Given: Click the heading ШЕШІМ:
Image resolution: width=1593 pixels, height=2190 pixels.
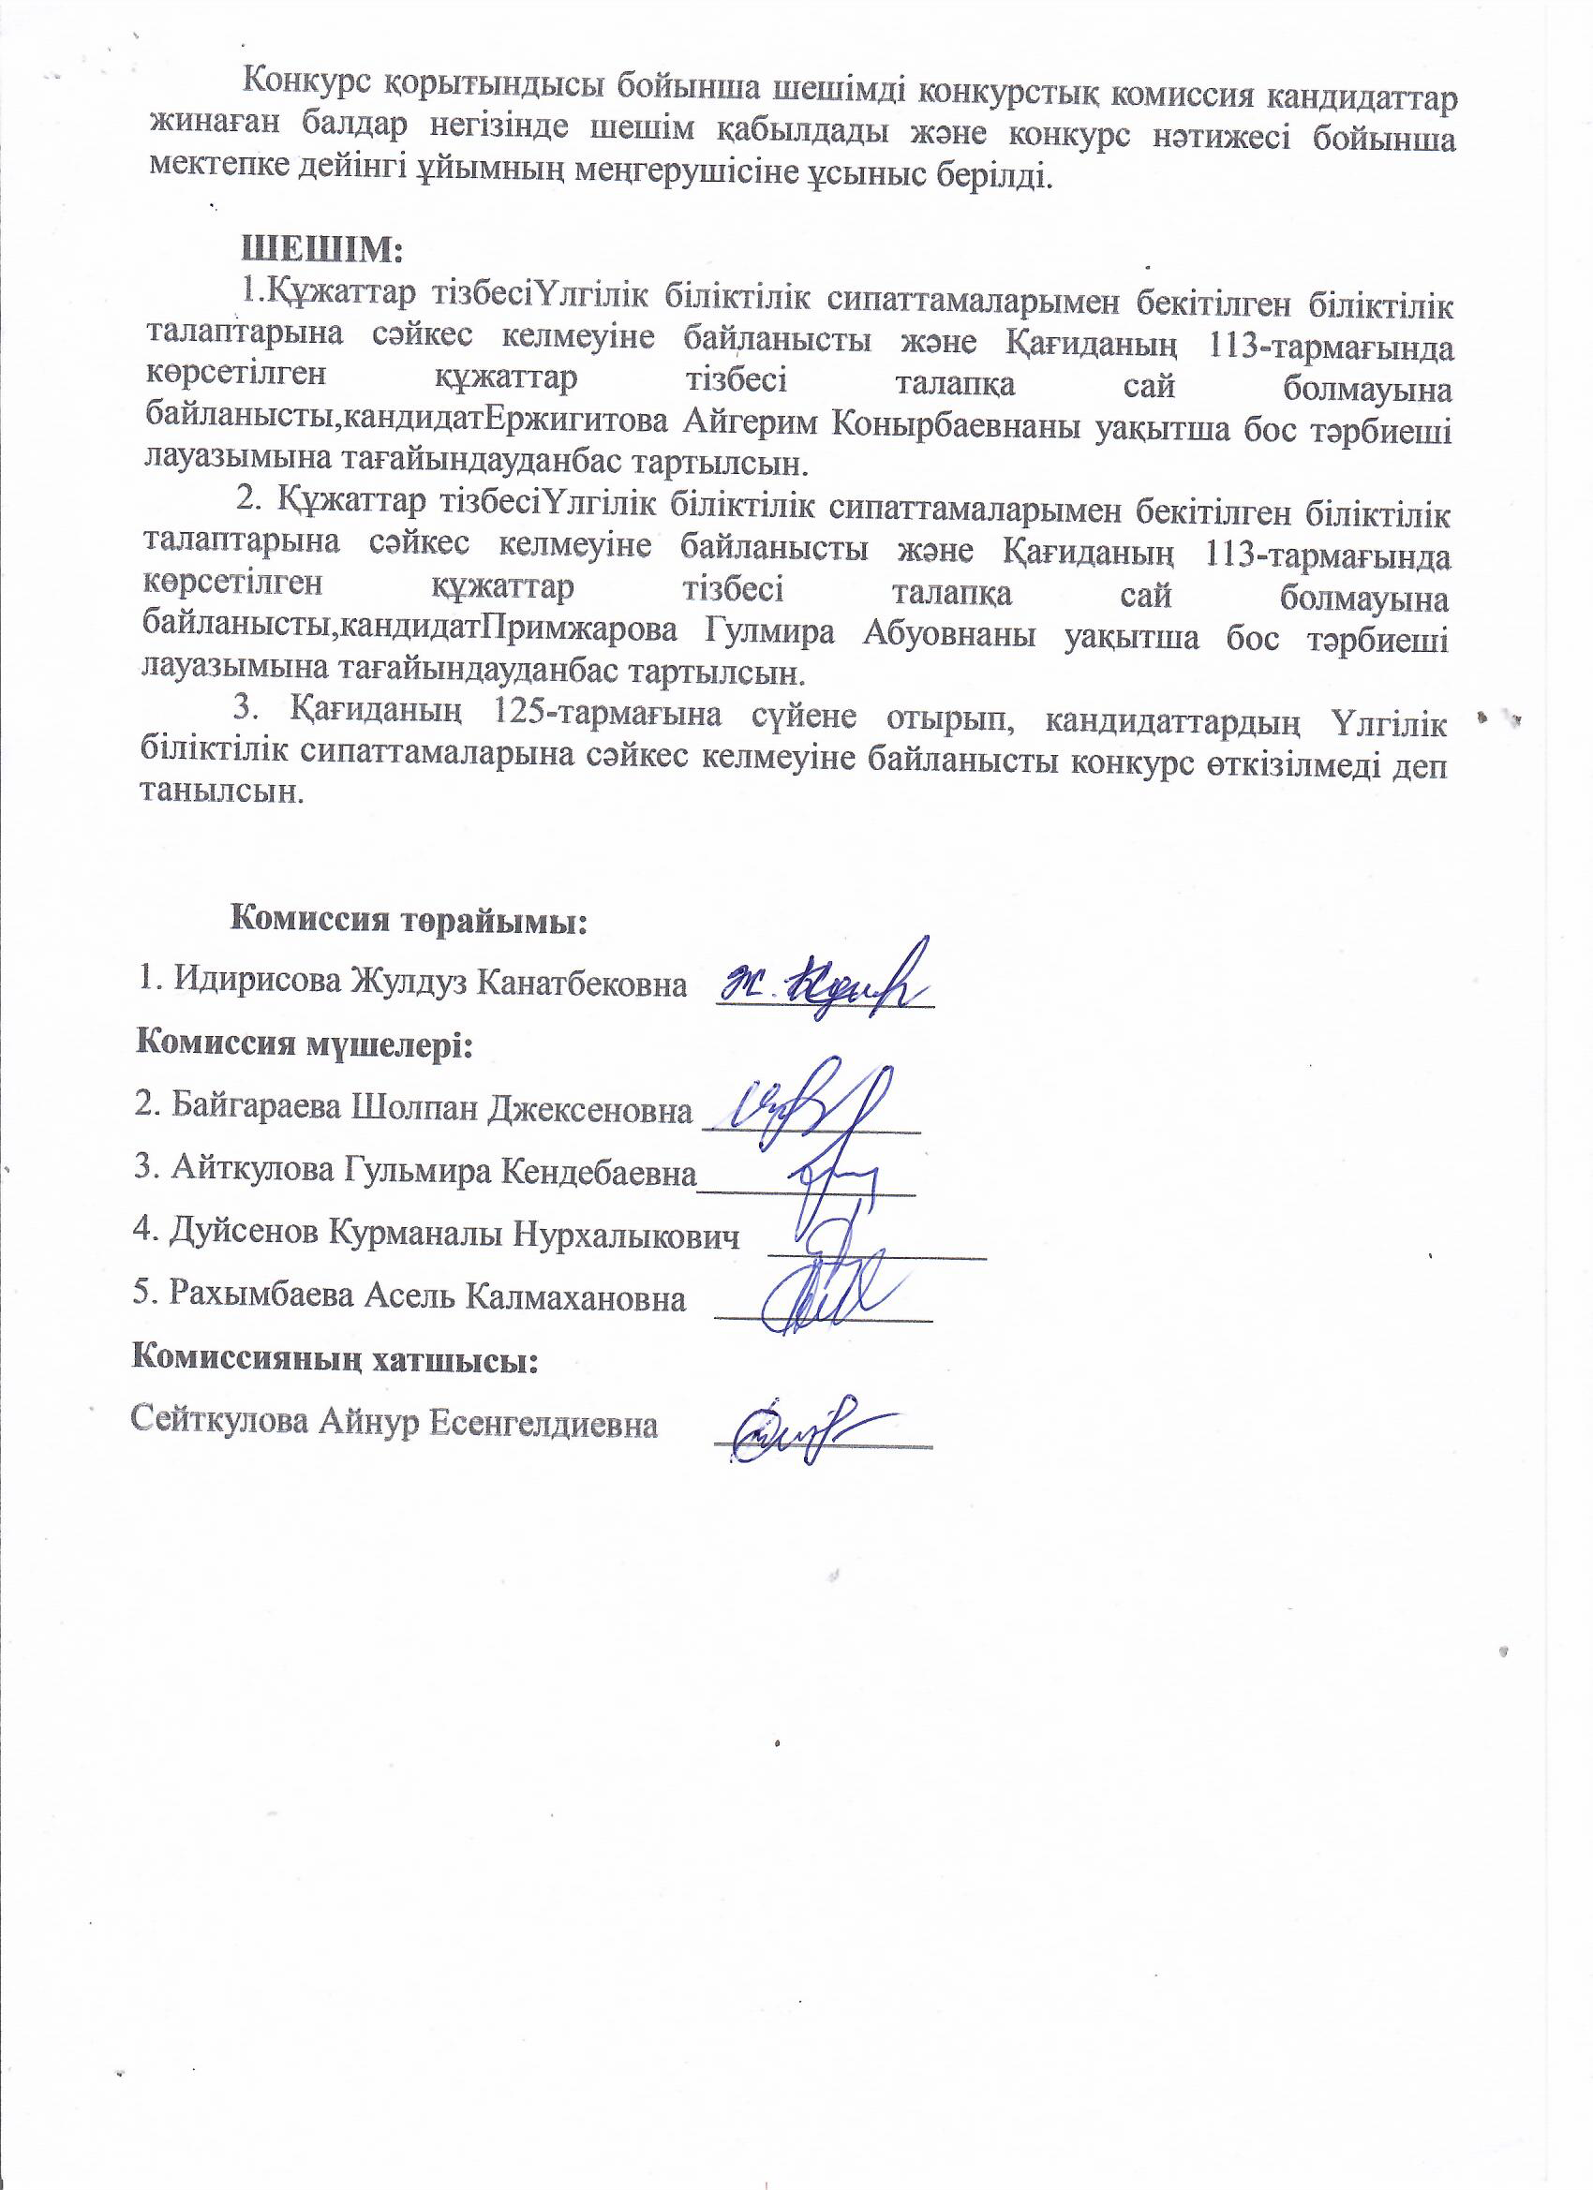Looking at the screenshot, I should click(x=322, y=248).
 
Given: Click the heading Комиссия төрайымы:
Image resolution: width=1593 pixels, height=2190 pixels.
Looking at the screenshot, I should click(x=408, y=919).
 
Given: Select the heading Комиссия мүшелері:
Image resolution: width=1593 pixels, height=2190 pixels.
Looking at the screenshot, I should click(x=304, y=1044).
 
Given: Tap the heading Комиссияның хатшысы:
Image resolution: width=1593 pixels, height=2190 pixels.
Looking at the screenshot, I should click(x=335, y=1359).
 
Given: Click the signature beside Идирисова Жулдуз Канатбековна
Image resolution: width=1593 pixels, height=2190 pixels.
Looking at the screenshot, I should click(x=826, y=980).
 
